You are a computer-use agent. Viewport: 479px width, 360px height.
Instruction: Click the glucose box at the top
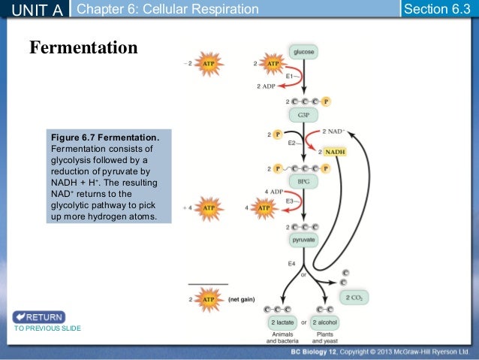[x=304, y=53]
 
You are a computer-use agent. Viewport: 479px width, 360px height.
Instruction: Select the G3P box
[x=304, y=115]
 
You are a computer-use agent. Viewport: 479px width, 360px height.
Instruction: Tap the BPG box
[x=304, y=182]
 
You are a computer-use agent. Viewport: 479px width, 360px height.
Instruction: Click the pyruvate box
[x=304, y=241]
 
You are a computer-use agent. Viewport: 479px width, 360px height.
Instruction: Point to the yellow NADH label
[x=335, y=152]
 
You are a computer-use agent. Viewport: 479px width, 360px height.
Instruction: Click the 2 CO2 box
[x=354, y=298]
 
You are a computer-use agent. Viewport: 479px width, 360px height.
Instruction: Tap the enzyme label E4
[x=292, y=264]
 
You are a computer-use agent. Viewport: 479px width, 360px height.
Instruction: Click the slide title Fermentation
[x=83, y=48]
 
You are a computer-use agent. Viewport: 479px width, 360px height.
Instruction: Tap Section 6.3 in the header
[x=436, y=9]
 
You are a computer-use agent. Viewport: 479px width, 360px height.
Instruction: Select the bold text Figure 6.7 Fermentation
[x=104, y=138]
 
